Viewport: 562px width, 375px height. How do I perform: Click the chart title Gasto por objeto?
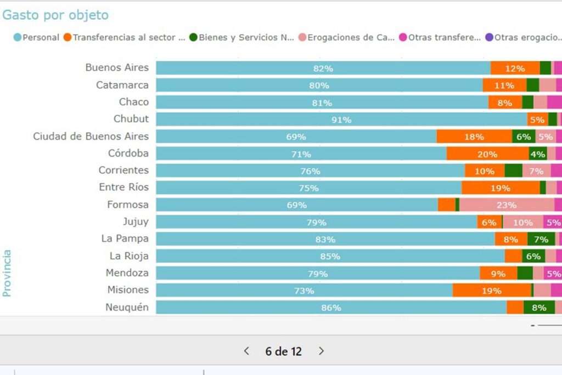55,15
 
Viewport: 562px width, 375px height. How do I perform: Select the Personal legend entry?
37,37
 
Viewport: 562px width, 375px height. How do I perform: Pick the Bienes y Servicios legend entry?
242,37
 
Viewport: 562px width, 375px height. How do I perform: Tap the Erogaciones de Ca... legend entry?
346,37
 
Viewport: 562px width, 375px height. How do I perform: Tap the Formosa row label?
128,205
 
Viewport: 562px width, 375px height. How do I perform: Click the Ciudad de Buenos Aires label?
91,136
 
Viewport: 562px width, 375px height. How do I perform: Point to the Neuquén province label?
127,307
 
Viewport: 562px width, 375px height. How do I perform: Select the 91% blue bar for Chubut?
341,119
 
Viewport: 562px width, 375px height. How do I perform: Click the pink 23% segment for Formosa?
506,205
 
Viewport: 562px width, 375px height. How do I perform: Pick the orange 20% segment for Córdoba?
487,154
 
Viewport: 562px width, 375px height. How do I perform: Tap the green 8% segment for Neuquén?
538,307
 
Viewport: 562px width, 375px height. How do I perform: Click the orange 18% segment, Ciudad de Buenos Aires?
474,136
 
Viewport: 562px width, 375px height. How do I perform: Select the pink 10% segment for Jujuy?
522,222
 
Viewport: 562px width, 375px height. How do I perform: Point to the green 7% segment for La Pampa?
541,239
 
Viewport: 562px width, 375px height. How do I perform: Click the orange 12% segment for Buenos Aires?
515,68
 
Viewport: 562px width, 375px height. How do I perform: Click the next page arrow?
322,351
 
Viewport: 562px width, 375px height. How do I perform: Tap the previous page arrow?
246,351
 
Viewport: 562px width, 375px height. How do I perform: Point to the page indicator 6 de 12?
283,351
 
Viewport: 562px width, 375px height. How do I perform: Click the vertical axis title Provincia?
7,273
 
